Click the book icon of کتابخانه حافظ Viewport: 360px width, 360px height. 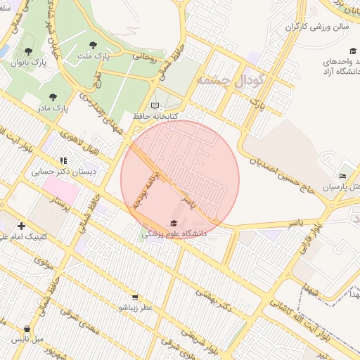pyautogui.click(x=155, y=105)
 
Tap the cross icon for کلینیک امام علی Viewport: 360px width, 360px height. pyautogui.click(x=21, y=226)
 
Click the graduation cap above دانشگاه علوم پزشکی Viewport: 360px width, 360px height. pyautogui.click(x=174, y=223)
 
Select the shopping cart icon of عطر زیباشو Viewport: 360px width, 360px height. pyautogui.click(x=134, y=297)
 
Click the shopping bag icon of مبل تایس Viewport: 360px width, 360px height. pyautogui.click(x=27, y=328)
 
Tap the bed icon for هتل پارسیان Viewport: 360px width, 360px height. pyautogui.click(x=342, y=176)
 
